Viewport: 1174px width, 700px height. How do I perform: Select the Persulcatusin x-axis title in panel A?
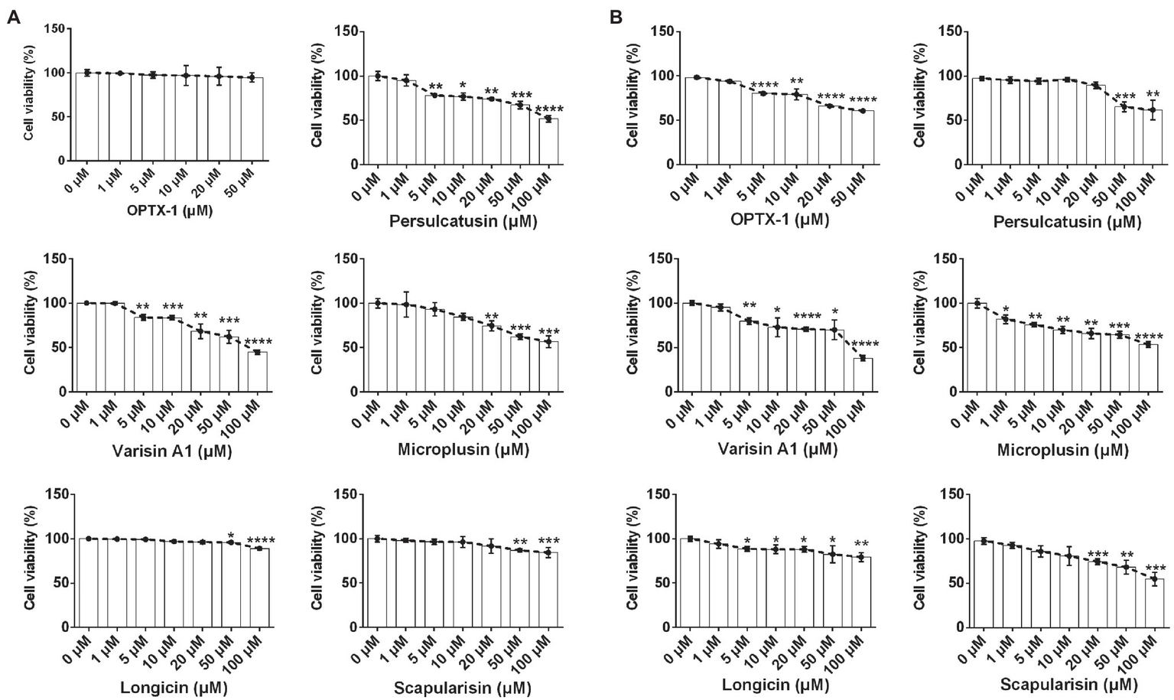click(x=463, y=222)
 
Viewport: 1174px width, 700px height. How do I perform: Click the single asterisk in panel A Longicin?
click(x=230, y=536)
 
